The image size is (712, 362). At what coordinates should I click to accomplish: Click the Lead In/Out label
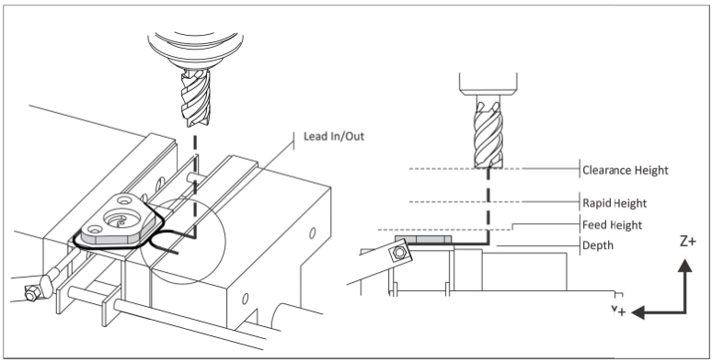point(334,136)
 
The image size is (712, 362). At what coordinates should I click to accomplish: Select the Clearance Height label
point(626,171)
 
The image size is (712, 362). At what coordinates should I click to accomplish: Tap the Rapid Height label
point(614,203)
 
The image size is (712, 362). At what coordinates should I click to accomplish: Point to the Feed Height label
point(613,225)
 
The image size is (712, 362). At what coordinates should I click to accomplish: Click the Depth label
point(598,245)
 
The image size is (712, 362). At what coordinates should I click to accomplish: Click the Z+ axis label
point(687,242)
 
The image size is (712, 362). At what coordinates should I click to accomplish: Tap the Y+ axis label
point(618,311)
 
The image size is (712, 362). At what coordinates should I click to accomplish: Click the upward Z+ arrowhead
point(684,266)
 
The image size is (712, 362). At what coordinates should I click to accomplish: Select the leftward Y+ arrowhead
point(638,312)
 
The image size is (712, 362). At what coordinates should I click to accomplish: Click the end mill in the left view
point(196,97)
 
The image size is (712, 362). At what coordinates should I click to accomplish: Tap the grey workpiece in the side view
point(423,239)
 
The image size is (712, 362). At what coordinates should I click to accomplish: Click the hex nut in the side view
point(399,253)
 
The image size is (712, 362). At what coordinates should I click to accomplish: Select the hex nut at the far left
point(31,294)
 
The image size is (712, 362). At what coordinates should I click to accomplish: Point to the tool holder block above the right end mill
point(488,84)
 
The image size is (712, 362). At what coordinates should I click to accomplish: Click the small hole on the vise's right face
point(313,233)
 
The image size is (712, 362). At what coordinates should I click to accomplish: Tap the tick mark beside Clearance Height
point(580,169)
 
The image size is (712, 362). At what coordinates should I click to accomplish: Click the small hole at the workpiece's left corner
point(95,229)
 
